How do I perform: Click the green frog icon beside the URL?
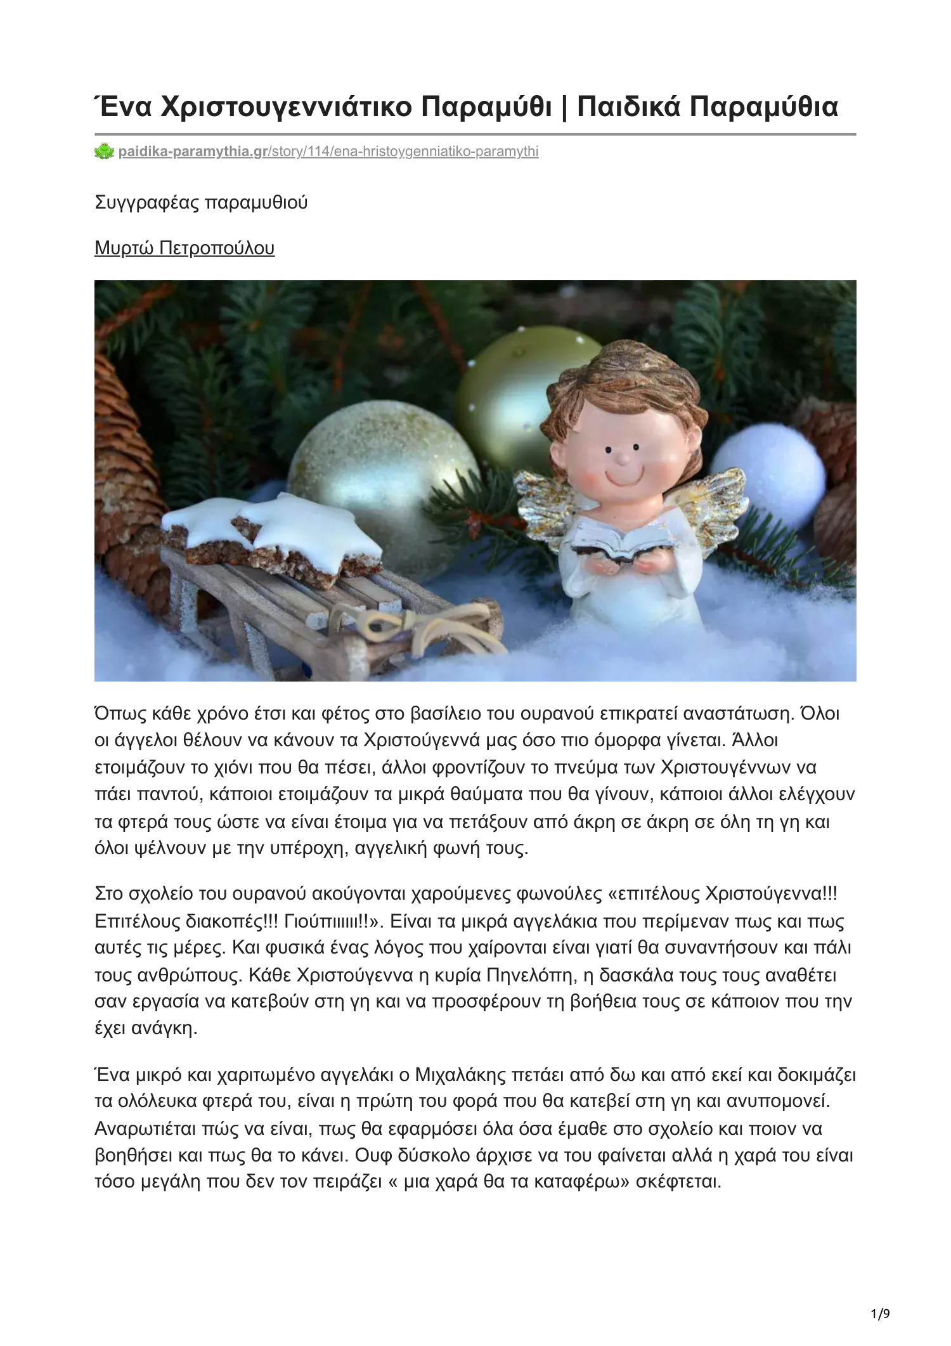tap(104, 152)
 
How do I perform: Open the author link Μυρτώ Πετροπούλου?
tap(184, 248)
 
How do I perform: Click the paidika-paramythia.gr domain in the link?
tap(193, 152)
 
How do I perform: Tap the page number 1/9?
tap(880, 1314)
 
